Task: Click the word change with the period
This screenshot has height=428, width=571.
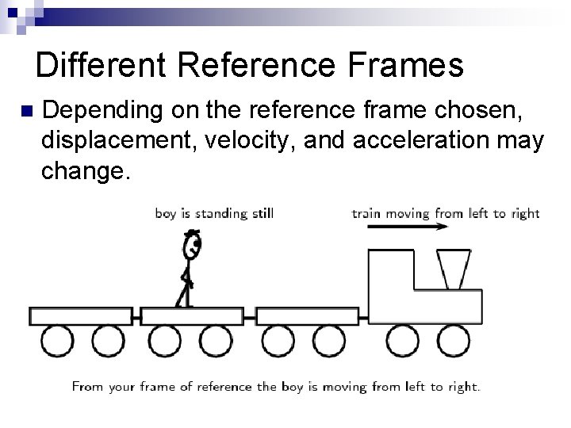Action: (x=84, y=171)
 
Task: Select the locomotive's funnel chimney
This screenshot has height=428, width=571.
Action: (x=453, y=268)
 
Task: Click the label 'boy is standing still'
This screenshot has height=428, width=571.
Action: (x=214, y=213)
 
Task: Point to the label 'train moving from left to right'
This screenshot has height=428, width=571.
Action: (x=445, y=213)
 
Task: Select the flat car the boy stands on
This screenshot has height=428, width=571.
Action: (x=192, y=315)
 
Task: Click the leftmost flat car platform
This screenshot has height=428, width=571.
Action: (x=80, y=315)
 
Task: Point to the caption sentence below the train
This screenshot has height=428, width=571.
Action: (x=275, y=387)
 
